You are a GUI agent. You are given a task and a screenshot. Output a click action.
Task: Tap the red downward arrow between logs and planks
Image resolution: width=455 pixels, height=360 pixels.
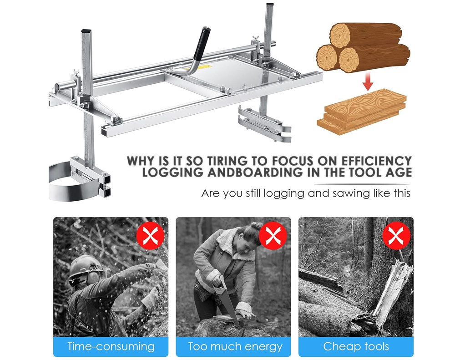368,81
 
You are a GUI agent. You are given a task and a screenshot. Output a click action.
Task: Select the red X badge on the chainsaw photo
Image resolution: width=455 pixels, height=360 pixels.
150,235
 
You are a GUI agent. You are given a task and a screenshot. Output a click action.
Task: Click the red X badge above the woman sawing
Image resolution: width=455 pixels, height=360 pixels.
273,235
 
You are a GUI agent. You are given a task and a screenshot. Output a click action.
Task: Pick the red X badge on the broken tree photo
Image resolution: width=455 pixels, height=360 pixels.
396,235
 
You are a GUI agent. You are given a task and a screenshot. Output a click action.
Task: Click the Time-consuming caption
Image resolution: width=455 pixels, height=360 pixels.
111,346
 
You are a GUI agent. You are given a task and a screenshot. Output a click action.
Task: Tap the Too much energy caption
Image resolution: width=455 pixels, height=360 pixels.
235,346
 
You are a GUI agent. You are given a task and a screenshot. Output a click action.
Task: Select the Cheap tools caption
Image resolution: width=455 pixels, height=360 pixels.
356,346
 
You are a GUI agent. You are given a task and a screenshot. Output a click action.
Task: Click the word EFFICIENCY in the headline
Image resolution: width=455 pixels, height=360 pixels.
376,161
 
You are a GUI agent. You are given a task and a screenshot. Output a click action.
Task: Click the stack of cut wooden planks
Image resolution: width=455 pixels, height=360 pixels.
361,112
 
